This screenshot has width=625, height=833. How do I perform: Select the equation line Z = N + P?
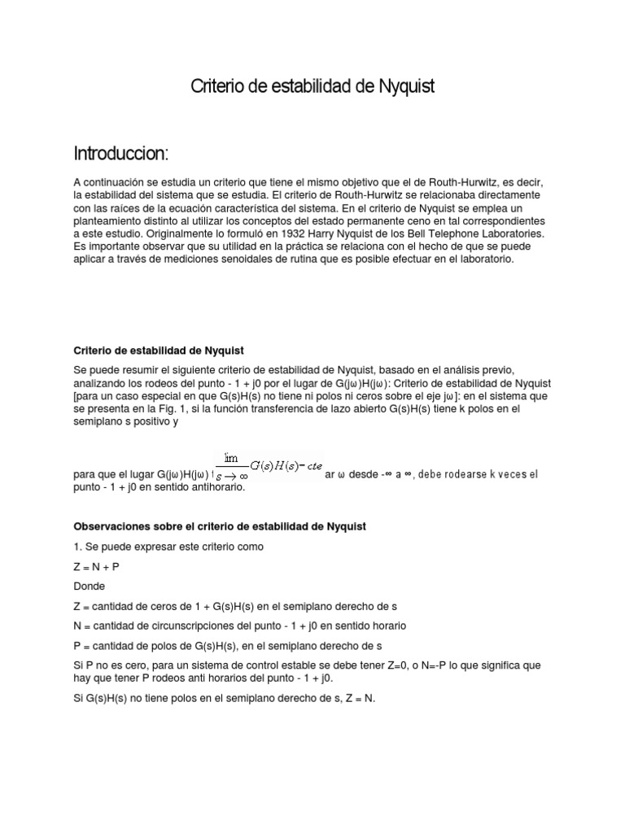coord(98,565)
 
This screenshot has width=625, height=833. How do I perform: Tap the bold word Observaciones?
coord(113,526)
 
